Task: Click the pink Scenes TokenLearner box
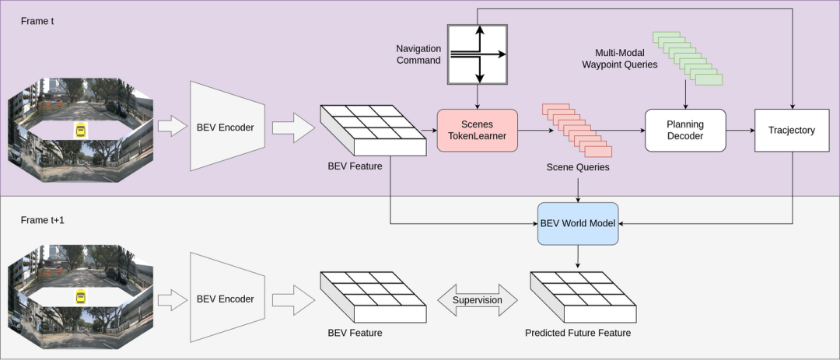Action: click(477, 130)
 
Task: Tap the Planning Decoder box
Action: click(684, 130)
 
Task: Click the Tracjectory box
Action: click(792, 130)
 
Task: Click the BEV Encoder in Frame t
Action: click(225, 127)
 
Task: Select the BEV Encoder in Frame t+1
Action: click(225, 298)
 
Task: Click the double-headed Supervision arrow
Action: click(478, 300)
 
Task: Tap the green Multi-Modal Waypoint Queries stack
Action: click(688, 58)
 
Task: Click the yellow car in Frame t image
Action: click(80, 129)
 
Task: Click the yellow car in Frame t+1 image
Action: click(80, 298)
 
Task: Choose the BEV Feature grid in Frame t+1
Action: click(373, 297)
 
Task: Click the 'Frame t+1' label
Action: click(42, 221)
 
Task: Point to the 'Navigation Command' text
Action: click(418, 54)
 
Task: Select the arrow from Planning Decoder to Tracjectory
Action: click(740, 130)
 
